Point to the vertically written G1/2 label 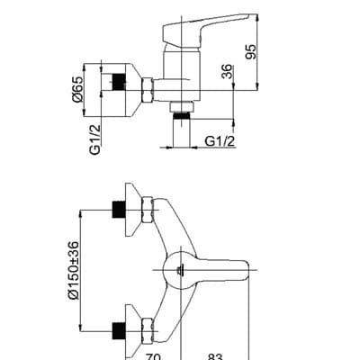pos(94,138)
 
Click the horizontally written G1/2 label pos(221,140)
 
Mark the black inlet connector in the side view pos(113,81)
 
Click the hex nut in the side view pos(147,89)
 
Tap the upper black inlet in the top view pos(116,208)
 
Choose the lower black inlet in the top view pos(116,328)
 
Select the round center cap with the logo pos(181,269)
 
